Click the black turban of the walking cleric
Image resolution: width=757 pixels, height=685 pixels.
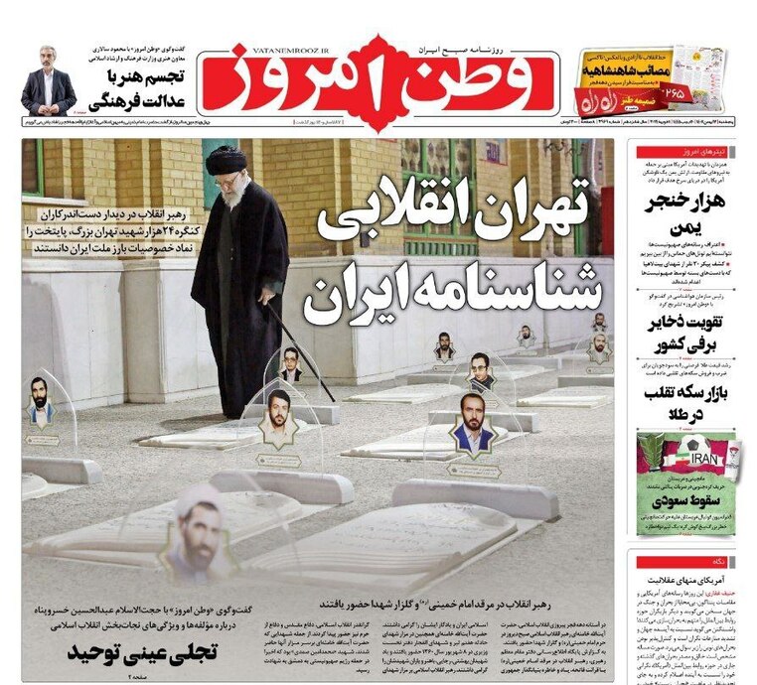click(x=227, y=160)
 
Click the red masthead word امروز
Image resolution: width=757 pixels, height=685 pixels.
click(x=288, y=79)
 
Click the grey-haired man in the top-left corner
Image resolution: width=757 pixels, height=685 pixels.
click(x=48, y=80)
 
